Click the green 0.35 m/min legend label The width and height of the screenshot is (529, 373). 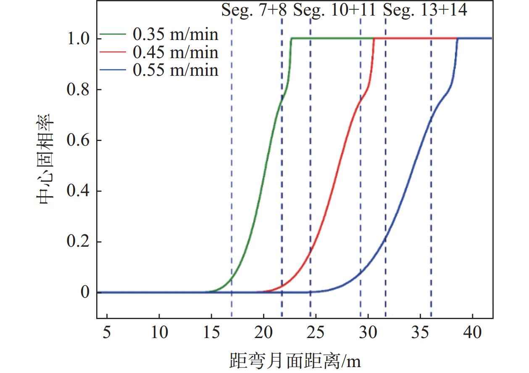[x=176, y=34]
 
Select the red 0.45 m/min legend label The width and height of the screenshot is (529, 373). [x=176, y=52]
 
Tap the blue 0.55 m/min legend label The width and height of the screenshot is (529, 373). [x=176, y=70]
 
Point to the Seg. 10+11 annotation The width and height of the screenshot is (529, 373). [x=334, y=10]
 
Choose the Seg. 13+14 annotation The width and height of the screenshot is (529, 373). [x=425, y=10]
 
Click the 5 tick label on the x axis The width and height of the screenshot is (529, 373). [x=107, y=333]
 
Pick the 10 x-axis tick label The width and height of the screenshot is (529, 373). [x=159, y=333]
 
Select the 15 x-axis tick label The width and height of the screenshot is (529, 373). [x=211, y=333]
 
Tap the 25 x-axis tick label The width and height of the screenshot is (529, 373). [x=316, y=333]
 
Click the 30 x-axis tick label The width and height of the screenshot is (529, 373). [x=368, y=333]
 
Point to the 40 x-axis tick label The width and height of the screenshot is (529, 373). [x=472, y=333]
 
